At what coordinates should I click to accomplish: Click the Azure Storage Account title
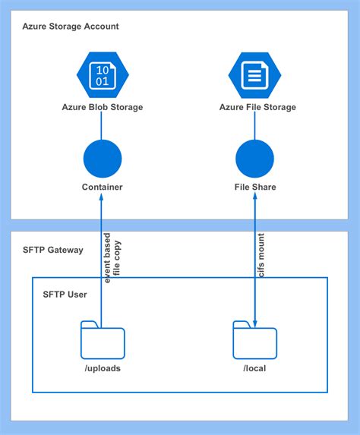pos(71,27)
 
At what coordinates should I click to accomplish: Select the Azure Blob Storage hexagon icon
pos(103,76)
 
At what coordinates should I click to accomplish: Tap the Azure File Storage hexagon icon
pos(254,76)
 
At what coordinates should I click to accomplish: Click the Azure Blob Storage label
pos(103,107)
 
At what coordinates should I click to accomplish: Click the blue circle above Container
pos(102,159)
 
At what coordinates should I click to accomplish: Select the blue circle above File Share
pos(254,159)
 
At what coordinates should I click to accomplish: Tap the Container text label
pos(102,187)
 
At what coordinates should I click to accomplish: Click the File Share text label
pos(254,187)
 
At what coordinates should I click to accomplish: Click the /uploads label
pos(102,368)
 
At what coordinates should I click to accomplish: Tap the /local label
pos(254,368)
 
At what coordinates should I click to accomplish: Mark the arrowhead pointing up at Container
pos(102,199)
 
